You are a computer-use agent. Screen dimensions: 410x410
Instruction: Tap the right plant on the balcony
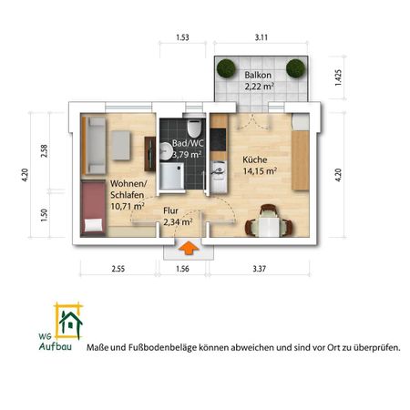coord(295,67)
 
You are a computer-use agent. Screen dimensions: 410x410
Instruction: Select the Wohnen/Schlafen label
coord(128,194)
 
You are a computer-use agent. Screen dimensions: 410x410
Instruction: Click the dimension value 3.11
coord(261,38)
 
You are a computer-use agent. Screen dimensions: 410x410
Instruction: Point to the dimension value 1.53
coord(182,38)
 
